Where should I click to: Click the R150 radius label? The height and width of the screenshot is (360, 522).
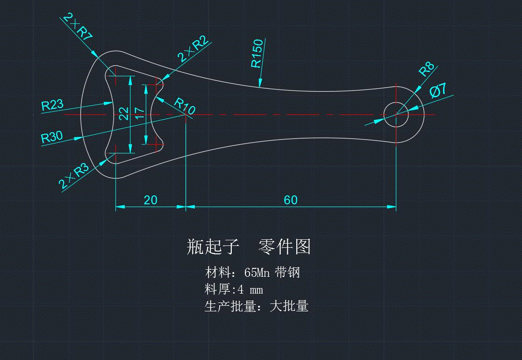(257, 54)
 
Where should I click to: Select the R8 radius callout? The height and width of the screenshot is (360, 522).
(426, 70)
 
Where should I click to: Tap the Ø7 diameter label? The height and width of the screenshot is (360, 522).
(438, 90)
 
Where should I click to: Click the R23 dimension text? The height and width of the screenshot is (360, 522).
(52, 105)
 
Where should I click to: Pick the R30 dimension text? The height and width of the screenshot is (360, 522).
(52, 137)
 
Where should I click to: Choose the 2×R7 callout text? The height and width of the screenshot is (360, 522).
(78, 29)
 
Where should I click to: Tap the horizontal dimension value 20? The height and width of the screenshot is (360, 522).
(150, 200)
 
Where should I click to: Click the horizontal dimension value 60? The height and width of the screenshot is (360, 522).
(291, 200)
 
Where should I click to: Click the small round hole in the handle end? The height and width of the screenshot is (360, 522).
(396, 114)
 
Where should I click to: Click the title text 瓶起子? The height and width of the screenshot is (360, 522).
(213, 246)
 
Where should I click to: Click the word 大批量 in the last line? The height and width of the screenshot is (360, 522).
(289, 307)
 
